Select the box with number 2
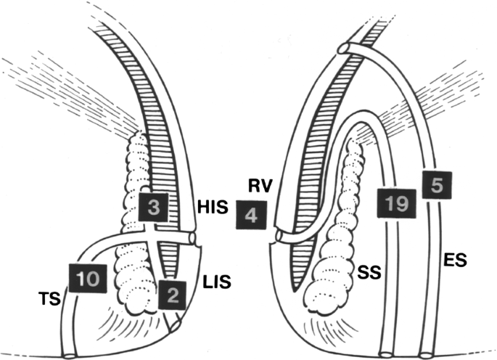(x=172, y=293)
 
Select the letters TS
(x=49, y=298)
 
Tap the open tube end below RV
(x=279, y=237)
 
